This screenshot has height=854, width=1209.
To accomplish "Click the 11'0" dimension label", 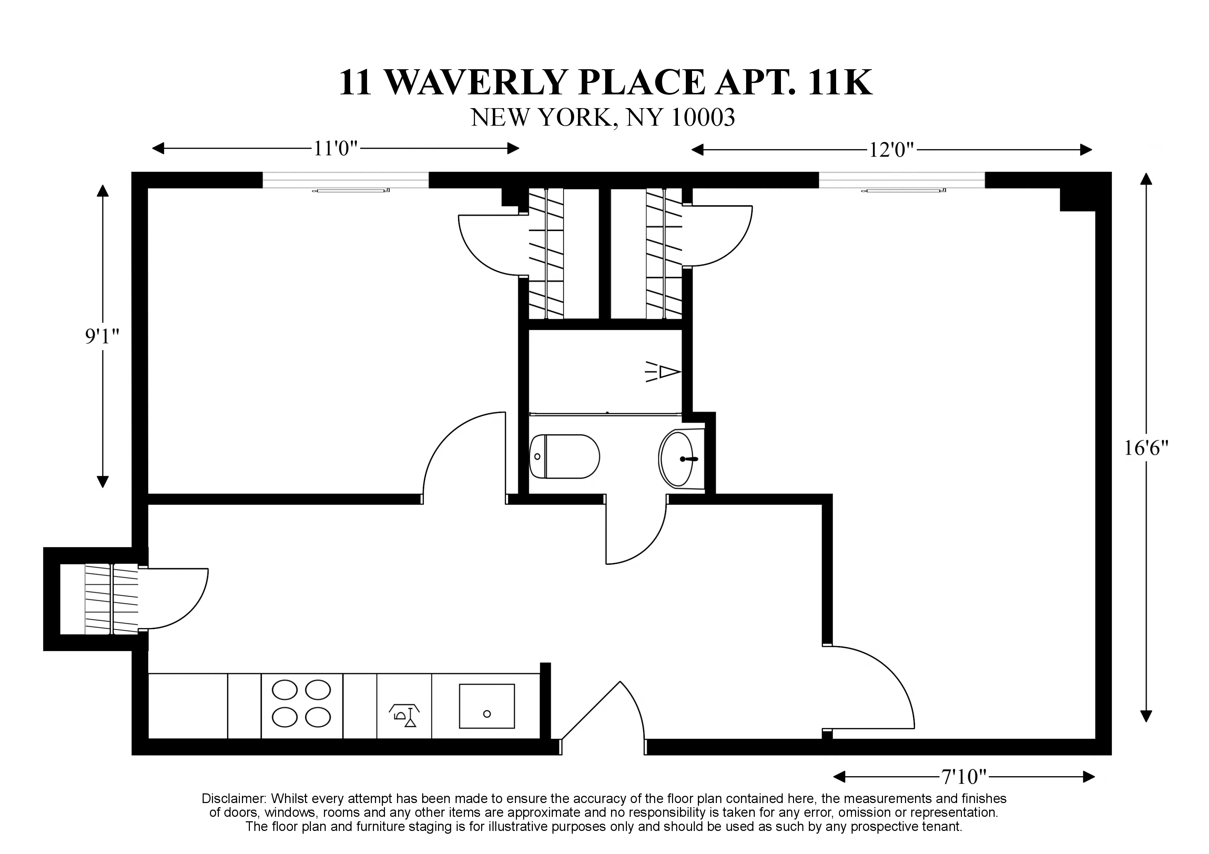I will click(x=335, y=149).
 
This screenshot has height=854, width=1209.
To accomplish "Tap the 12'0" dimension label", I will click(x=891, y=150).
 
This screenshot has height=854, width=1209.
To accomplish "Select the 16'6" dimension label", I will click(x=1146, y=448).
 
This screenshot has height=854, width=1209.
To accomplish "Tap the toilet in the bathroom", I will click(x=565, y=456).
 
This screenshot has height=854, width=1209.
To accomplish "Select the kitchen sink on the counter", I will click(x=487, y=706).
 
